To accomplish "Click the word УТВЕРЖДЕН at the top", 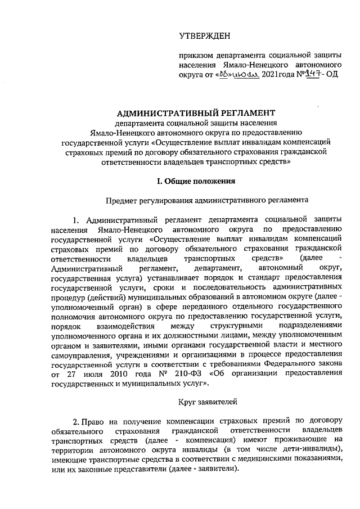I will (x=205, y=37).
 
